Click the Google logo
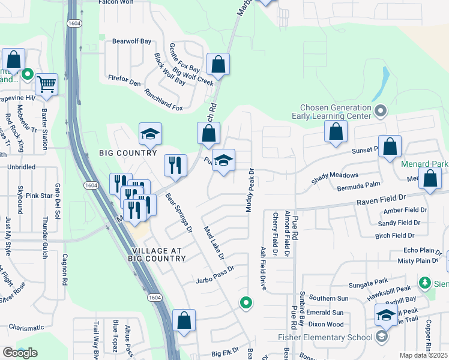(20, 352)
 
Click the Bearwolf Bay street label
(132, 41)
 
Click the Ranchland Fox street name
(163, 100)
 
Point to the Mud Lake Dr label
(214, 243)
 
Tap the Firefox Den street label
(124, 79)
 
